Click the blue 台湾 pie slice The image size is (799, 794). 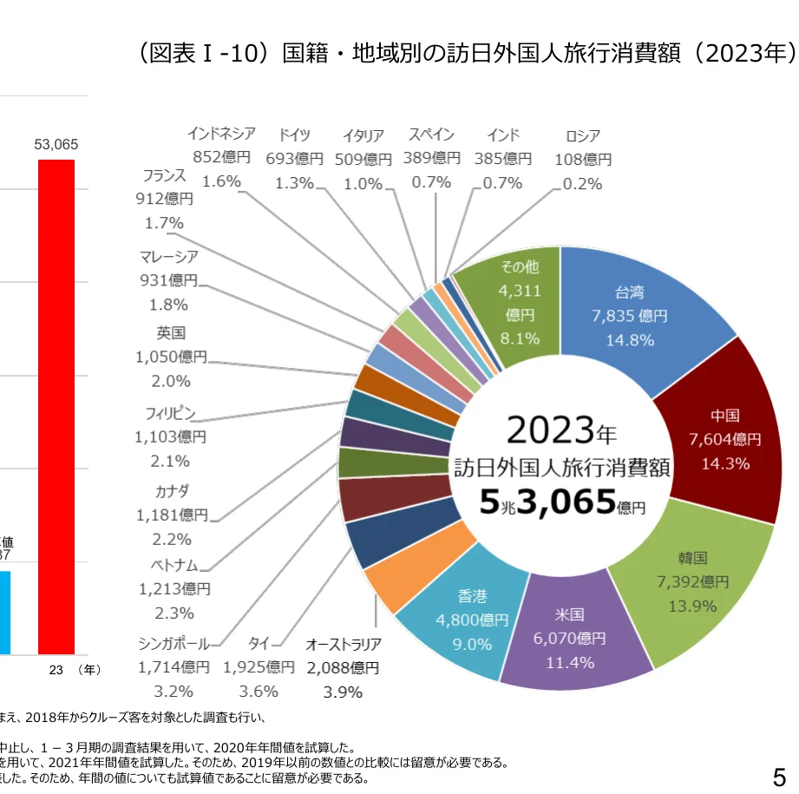pyautogui.click(x=642, y=312)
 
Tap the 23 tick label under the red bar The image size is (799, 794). pyautogui.click(x=57, y=670)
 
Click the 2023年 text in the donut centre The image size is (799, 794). pyautogui.click(x=561, y=430)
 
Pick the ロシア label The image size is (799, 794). pyautogui.click(x=582, y=135)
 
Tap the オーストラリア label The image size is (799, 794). pyautogui.click(x=343, y=645)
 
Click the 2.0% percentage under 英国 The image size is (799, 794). pyautogui.click(x=171, y=380)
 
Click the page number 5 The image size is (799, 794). pyautogui.click(x=778, y=775)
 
